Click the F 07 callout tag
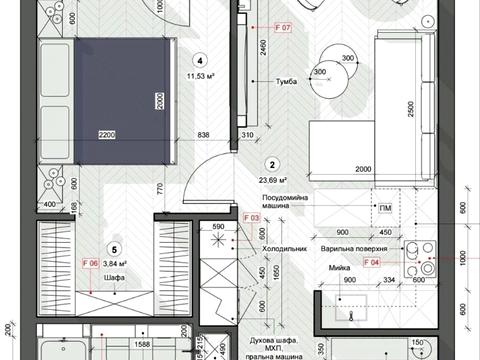pos(279,29)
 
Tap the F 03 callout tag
pos(252,217)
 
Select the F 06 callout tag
pos(87,264)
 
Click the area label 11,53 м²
pos(201,74)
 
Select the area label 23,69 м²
pos(271,181)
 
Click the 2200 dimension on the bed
pos(109,134)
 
